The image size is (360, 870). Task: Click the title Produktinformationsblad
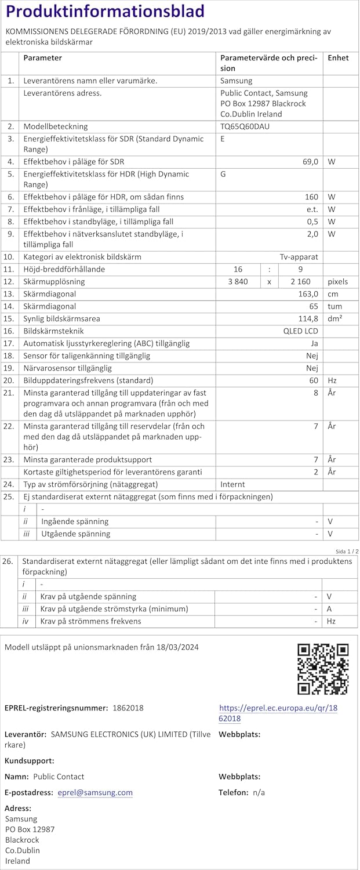tap(105, 12)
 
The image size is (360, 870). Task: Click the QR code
tap(322, 669)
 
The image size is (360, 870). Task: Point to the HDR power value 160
tap(312, 197)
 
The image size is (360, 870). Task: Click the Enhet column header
tap(338, 58)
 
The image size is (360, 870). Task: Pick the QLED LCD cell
tap(300, 331)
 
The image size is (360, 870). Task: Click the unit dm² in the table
tap(334, 319)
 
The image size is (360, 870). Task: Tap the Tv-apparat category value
tap(299, 257)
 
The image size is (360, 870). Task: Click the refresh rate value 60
tap(314, 380)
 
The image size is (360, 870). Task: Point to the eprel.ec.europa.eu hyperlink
tap(278, 713)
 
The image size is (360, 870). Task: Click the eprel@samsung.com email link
tap(95, 793)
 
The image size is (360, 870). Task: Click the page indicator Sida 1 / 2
tap(347, 551)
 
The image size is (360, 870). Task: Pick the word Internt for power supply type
tap(232, 484)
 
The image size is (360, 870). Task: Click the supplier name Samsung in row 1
tap(237, 81)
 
